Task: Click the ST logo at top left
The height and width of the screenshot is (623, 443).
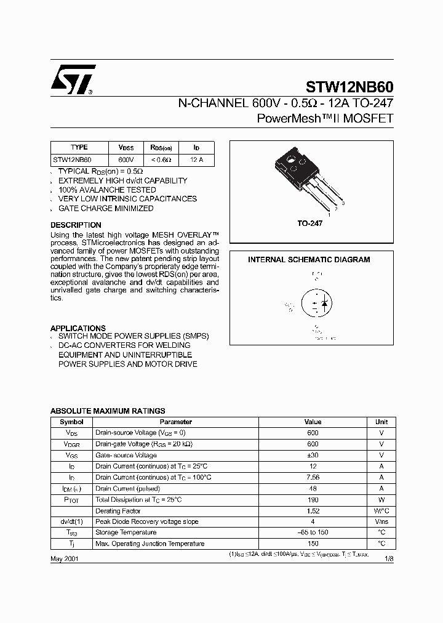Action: click(73, 79)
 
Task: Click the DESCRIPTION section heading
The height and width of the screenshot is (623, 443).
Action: click(76, 225)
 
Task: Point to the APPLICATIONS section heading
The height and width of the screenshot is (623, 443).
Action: click(78, 328)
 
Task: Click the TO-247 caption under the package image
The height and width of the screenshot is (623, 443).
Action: click(310, 224)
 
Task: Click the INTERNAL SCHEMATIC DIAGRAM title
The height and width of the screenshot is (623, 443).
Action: click(309, 260)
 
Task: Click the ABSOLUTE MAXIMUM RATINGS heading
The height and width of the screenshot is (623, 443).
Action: click(107, 411)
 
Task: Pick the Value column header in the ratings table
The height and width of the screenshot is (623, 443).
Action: click(313, 422)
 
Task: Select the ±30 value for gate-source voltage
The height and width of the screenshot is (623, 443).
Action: click(313, 456)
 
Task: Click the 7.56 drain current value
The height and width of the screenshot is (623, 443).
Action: click(313, 478)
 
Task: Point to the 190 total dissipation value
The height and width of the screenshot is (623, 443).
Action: click(313, 500)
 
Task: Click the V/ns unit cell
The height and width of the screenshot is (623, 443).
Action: click(381, 522)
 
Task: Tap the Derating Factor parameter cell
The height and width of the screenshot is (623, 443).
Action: click(118, 511)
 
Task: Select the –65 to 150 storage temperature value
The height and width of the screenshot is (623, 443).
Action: click(313, 533)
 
